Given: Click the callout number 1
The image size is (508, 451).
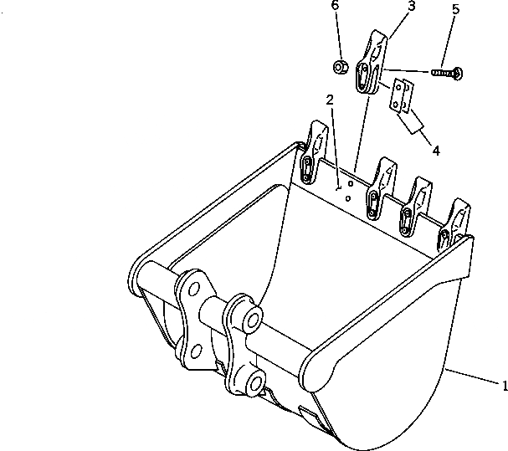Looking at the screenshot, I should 504,386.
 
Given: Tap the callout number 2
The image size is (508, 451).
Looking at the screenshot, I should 330,100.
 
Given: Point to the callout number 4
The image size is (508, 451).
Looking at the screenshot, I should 435,151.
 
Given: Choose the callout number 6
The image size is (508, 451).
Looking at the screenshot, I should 335,6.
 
